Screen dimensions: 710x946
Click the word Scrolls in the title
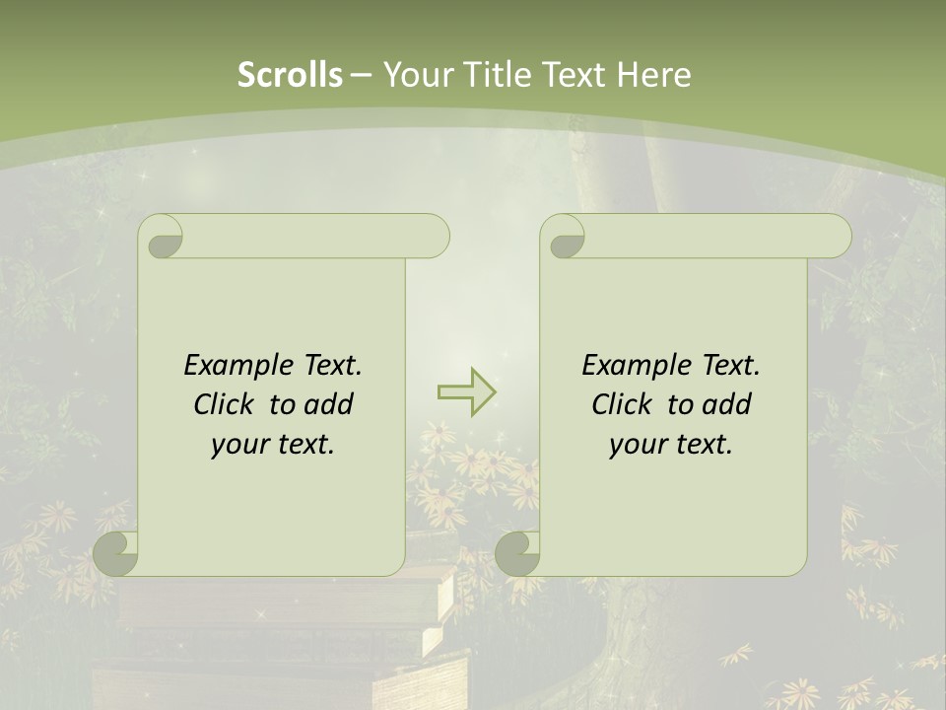290,75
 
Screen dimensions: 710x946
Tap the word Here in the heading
653,75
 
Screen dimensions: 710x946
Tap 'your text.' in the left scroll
273,444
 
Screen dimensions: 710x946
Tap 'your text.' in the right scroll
671,444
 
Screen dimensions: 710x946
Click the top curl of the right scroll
565,237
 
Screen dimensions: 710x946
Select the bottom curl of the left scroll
116,554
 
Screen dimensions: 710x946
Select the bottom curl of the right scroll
518,554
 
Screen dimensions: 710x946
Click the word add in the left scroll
329,404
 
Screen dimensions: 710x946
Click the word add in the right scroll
727,404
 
